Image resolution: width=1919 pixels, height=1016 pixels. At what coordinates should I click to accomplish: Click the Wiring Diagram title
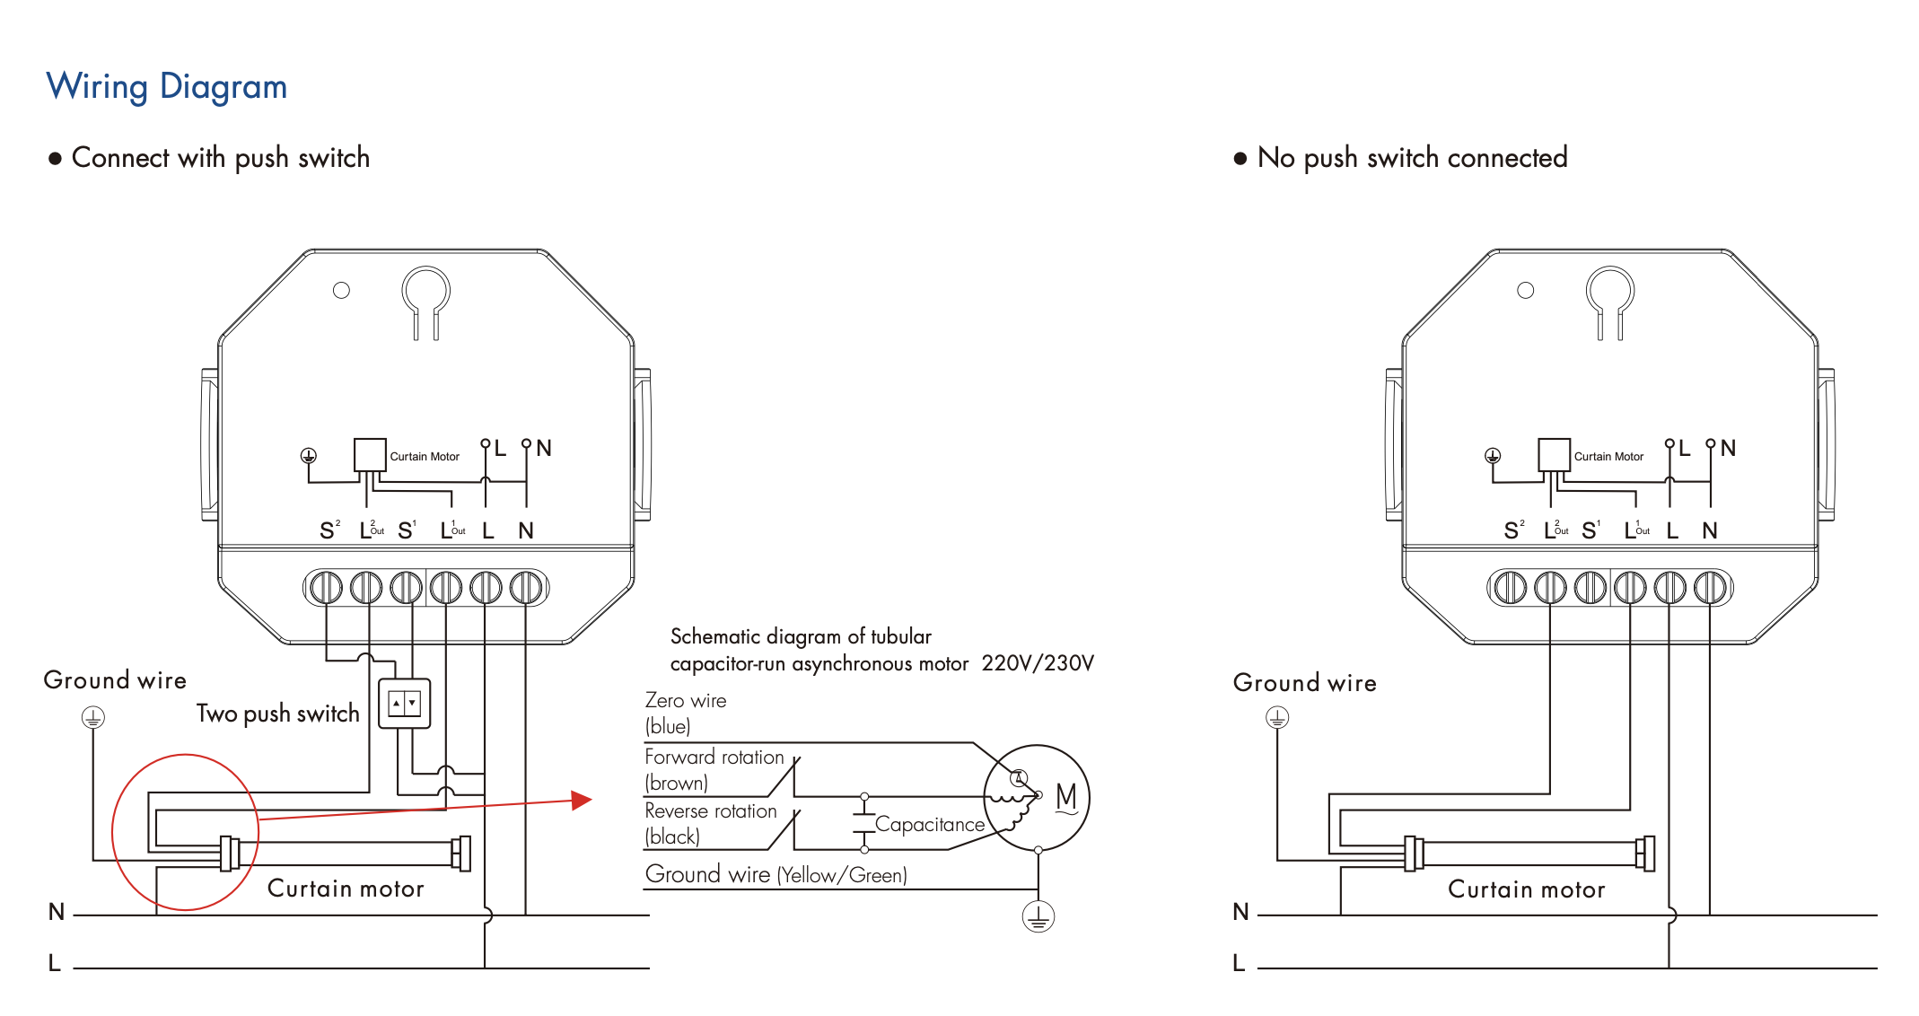tap(167, 87)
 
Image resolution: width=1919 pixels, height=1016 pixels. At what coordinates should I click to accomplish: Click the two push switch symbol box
tap(404, 704)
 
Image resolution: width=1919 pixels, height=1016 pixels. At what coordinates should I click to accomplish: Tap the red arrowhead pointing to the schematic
tap(583, 800)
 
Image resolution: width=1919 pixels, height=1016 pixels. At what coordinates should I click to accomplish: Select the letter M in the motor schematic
tap(1066, 796)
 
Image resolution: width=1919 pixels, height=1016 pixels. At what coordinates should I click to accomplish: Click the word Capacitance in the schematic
tap(929, 824)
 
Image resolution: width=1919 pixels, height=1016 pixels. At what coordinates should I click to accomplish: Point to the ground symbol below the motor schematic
tap(1038, 916)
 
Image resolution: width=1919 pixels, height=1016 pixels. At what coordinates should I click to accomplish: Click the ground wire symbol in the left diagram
tap(93, 717)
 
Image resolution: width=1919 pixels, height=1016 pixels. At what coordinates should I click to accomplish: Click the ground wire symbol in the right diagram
tap(1277, 718)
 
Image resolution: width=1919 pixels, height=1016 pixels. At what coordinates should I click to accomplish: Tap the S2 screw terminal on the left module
tap(326, 588)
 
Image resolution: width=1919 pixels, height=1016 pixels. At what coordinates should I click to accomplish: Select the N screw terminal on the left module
tap(526, 588)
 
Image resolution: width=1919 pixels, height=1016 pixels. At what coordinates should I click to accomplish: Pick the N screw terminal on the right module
tap(1710, 588)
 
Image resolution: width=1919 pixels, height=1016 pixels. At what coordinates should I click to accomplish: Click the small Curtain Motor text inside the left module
tap(425, 457)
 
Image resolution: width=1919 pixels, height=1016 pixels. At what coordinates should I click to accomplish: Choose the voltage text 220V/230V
tap(1038, 663)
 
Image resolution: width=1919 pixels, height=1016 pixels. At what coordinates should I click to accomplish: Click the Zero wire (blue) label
tap(686, 713)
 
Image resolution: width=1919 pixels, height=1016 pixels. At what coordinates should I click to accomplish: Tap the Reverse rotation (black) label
tap(710, 823)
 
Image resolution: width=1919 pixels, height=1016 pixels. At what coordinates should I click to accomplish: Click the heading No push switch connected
tap(1412, 158)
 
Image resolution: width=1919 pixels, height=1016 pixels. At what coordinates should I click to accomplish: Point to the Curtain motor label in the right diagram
tap(1526, 889)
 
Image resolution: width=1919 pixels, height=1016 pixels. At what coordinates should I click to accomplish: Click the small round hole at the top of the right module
tap(1526, 291)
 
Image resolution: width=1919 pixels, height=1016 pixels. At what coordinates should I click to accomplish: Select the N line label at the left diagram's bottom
tap(57, 912)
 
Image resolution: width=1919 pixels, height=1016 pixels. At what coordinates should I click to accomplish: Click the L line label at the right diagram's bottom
tap(1240, 963)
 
